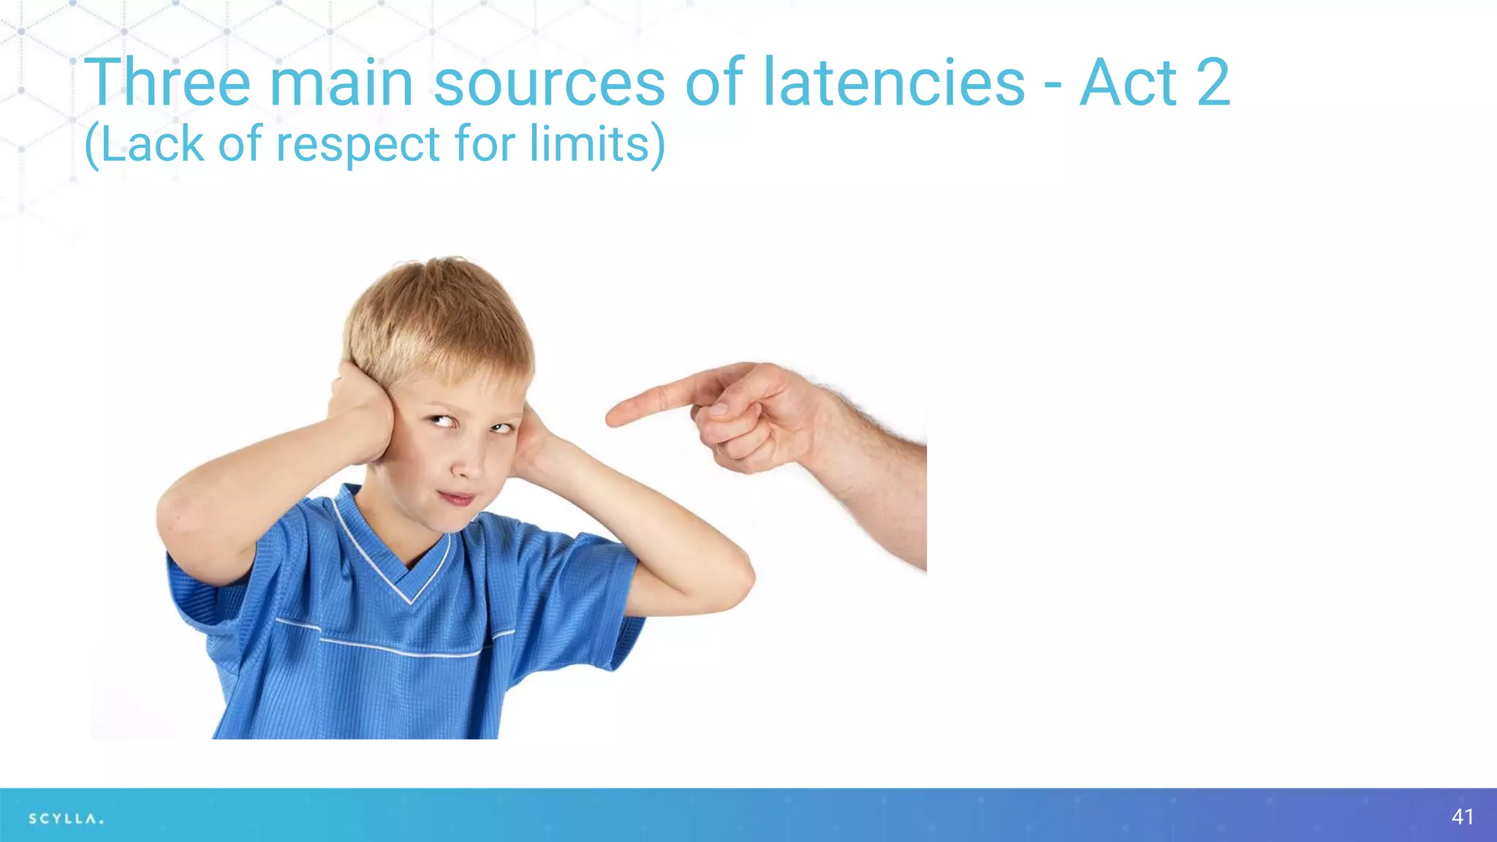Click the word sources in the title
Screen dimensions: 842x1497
[x=549, y=84]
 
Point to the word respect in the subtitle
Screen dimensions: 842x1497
[x=357, y=145]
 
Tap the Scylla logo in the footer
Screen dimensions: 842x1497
[x=66, y=819]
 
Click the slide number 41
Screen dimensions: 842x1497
[x=1463, y=816]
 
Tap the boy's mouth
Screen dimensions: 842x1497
[x=456, y=498]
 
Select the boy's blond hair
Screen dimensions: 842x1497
[x=439, y=314]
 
